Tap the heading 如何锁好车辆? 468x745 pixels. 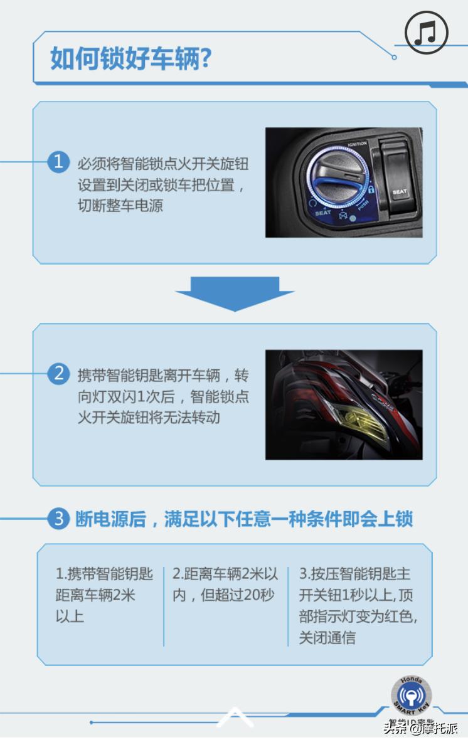(130, 60)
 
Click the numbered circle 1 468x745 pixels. (58, 162)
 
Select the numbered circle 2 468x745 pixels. (58, 374)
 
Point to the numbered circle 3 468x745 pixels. (58, 519)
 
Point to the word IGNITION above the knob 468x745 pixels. (356, 144)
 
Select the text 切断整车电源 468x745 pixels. (120, 206)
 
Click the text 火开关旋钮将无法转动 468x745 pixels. (149, 417)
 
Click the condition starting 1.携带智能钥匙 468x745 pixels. (104, 574)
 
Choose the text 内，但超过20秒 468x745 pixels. (223, 594)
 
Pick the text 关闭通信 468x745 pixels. (327, 638)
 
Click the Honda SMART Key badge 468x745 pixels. (411, 696)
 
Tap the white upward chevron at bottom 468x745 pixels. (235, 716)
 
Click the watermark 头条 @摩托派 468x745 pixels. (421, 727)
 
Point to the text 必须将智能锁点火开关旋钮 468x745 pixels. (162, 164)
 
